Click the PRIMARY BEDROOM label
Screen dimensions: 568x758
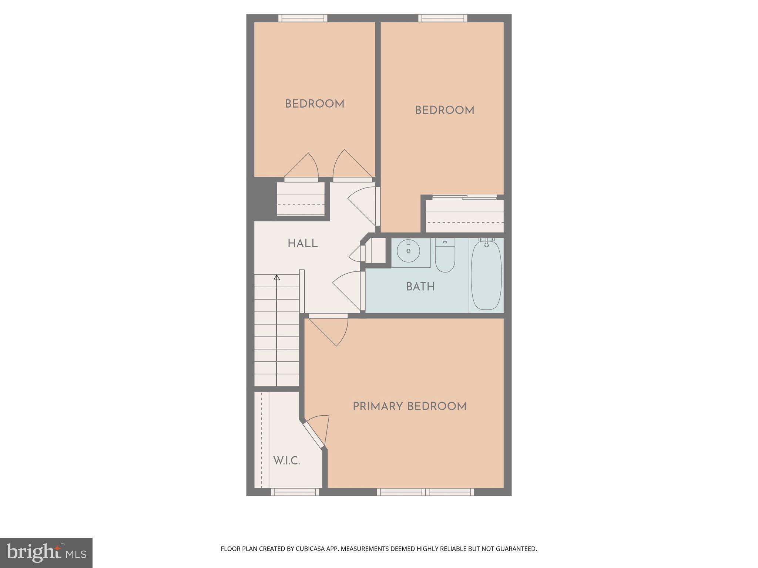pyautogui.click(x=409, y=407)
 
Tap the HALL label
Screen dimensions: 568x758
pyautogui.click(x=302, y=244)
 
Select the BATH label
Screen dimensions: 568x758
pyautogui.click(x=420, y=287)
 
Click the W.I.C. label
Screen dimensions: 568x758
pyautogui.click(x=286, y=461)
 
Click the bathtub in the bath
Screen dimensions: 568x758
pyautogui.click(x=486, y=275)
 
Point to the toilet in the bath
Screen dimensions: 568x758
pyautogui.click(x=445, y=256)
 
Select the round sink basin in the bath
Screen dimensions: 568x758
pyautogui.click(x=409, y=251)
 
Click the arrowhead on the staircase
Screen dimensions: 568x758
pyautogui.click(x=276, y=277)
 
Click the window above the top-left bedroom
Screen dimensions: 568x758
pyautogui.click(x=303, y=18)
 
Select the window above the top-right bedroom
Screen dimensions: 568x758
pyautogui.click(x=443, y=18)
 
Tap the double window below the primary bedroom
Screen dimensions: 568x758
pyautogui.click(x=425, y=492)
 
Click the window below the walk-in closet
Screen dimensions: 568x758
pyautogui.click(x=295, y=492)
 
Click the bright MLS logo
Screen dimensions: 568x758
pyautogui.click(x=46, y=552)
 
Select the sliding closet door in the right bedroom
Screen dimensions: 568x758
pyautogui.click(x=464, y=197)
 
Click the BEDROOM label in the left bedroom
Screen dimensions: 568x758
pyautogui.click(x=315, y=104)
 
